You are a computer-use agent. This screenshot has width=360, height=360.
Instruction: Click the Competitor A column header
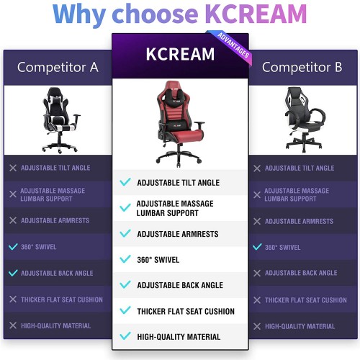(58, 67)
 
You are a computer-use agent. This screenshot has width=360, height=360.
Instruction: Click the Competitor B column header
(302, 67)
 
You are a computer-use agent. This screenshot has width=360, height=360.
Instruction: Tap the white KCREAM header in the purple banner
(180, 54)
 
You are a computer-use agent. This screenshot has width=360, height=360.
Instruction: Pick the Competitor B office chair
(305, 120)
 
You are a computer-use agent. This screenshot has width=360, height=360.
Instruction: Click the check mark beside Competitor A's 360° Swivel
(13, 246)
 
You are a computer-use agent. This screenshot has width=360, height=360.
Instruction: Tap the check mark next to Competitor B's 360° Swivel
(257, 247)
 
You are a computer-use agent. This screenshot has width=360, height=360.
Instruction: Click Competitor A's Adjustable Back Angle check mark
(13, 273)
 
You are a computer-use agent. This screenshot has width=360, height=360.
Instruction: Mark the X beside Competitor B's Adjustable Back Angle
(257, 273)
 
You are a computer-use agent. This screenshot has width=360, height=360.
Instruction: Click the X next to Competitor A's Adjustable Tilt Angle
(13, 168)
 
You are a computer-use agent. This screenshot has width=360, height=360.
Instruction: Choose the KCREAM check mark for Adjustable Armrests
(125, 233)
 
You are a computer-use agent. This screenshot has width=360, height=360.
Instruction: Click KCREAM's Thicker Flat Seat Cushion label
(186, 311)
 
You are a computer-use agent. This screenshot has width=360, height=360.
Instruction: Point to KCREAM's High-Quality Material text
(179, 337)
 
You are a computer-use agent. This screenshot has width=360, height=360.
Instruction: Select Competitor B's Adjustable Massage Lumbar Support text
(297, 194)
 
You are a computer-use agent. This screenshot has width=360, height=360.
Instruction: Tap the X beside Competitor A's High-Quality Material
(13, 325)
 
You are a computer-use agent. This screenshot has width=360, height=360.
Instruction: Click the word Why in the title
(80, 15)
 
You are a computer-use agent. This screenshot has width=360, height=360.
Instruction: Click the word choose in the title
(156, 14)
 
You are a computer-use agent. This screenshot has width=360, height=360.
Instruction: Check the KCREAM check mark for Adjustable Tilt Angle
(125, 182)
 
